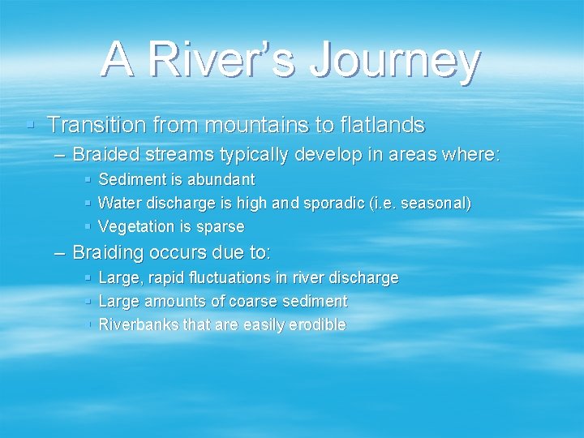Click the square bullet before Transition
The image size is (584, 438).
(30, 125)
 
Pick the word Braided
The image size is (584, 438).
(104, 154)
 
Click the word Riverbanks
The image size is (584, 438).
(137, 325)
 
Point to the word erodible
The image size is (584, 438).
(318, 325)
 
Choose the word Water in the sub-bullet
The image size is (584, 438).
(116, 203)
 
